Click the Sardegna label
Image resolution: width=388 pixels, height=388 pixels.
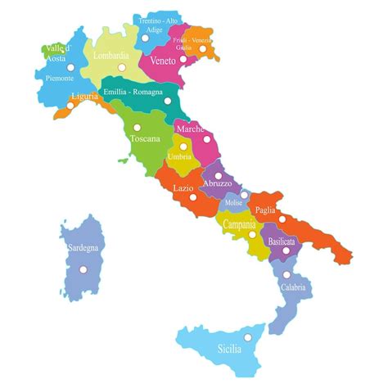79,246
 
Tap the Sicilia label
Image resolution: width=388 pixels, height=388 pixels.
230,349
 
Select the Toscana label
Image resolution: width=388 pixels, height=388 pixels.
145,138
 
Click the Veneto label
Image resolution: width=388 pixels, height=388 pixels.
163,61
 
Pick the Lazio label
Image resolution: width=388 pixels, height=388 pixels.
183,187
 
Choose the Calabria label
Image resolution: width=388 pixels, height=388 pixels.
293,287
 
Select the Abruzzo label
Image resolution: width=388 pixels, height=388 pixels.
219,184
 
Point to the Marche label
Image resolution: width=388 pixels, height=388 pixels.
190,129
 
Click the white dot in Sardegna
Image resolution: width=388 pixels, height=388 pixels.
83,268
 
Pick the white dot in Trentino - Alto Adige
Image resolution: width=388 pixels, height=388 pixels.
146,38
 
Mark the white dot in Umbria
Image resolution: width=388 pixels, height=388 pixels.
183,147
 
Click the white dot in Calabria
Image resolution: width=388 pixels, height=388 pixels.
286,274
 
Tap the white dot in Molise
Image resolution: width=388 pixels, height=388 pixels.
244,195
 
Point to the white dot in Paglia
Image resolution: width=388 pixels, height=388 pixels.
282,219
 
